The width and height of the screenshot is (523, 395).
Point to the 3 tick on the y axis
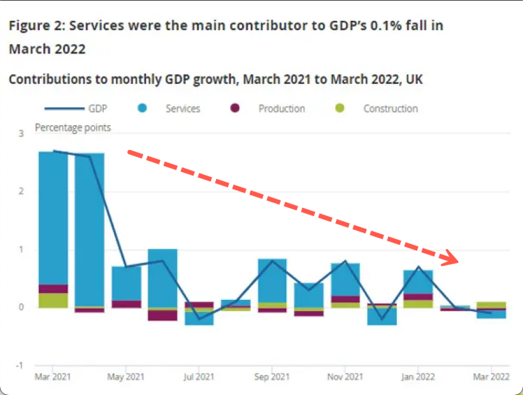pyautogui.click(x=21, y=134)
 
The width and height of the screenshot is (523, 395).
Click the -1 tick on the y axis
pyautogui.click(x=20, y=365)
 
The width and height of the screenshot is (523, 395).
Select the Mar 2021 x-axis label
pyautogui.click(x=53, y=377)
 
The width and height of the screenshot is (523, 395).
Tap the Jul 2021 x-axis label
pyautogui.click(x=199, y=377)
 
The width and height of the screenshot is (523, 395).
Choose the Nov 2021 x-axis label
pyautogui.click(x=345, y=377)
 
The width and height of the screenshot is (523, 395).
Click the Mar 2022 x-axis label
pyautogui.click(x=490, y=377)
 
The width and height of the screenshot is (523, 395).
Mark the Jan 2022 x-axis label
pyautogui.click(x=418, y=377)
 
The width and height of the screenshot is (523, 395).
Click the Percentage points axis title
pyautogui.click(x=72, y=128)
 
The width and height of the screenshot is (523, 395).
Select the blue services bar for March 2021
pyautogui.click(x=53, y=217)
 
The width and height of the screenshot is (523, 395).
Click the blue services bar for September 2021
pyautogui.click(x=272, y=280)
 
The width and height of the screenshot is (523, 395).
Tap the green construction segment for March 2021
pyautogui.click(x=53, y=301)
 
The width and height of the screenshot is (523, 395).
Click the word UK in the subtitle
pyautogui.click(x=414, y=79)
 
